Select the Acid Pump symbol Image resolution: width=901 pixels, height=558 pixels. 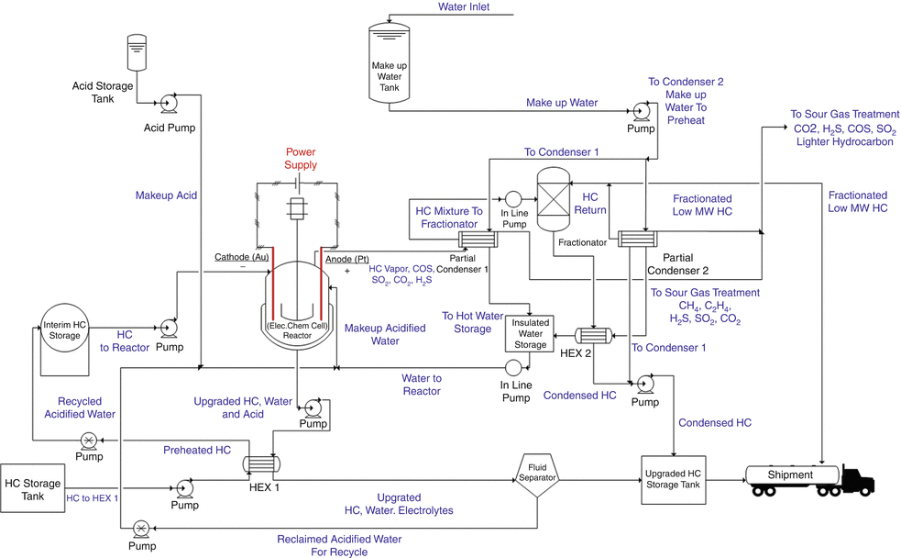pyautogui.click(x=170, y=103)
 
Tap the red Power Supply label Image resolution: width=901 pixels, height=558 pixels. pyautogui.click(x=301, y=158)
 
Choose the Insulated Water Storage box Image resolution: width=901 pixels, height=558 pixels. pyautogui.click(x=531, y=332)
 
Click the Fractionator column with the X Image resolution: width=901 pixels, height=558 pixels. pyautogui.click(x=555, y=199)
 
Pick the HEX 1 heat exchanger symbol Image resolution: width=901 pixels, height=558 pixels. pyautogui.click(x=261, y=465)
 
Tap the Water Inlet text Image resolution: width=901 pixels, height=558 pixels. pyautogui.click(x=464, y=7)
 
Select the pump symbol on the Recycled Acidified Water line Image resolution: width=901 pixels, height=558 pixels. pyautogui.click(x=90, y=439)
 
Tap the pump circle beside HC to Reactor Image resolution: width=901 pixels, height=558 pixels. pyautogui.click(x=168, y=328)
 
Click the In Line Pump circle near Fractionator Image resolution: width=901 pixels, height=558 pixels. pyautogui.click(x=513, y=199)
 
